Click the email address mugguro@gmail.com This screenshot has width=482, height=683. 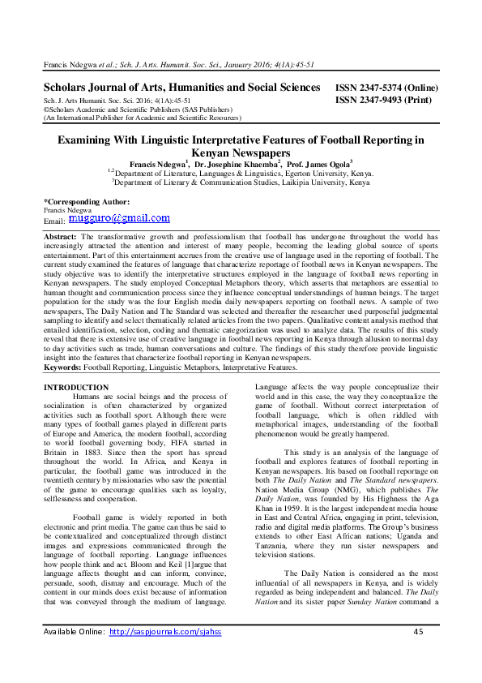120,218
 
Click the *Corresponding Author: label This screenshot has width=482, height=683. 86,200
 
